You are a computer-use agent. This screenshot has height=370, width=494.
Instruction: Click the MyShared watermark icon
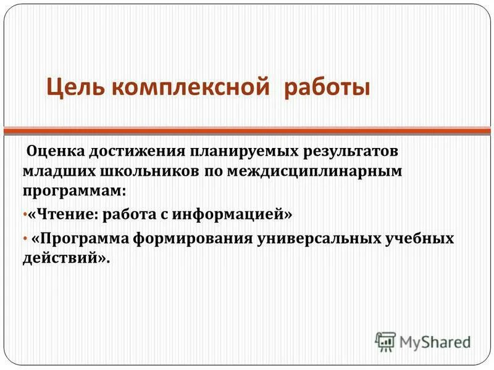click(x=385, y=340)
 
